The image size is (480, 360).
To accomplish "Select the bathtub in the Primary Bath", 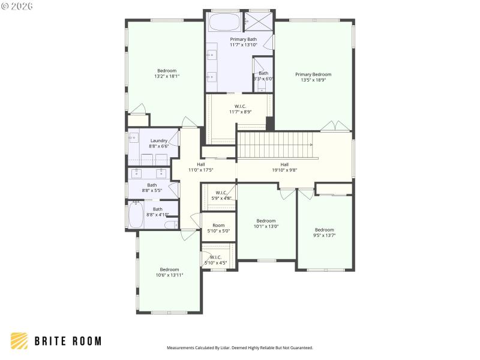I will (224, 23).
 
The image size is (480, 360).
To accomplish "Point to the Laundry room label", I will (159, 143).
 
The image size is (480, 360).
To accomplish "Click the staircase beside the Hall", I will (275, 146).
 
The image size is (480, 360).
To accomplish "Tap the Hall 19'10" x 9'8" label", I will (284, 167).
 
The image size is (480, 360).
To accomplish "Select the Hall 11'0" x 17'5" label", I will (201, 167).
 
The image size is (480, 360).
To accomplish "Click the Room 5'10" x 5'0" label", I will (218, 228).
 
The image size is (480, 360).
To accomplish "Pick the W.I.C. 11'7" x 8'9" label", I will (239, 109).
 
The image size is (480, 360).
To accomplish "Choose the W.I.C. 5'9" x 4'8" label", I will (219, 195).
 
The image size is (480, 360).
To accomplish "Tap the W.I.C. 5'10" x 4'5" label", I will (215, 260).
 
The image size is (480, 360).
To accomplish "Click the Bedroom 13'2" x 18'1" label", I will (167, 73).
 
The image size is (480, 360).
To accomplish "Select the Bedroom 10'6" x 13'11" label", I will (169, 272).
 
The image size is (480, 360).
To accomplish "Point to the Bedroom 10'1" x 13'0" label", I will (266, 223).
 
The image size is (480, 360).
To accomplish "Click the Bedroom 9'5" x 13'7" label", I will (325, 232).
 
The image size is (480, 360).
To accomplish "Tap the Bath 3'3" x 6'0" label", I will (263, 76).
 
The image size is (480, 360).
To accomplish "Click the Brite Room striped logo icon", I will (19, 341).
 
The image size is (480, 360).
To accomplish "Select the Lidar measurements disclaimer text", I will (239, 347).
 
